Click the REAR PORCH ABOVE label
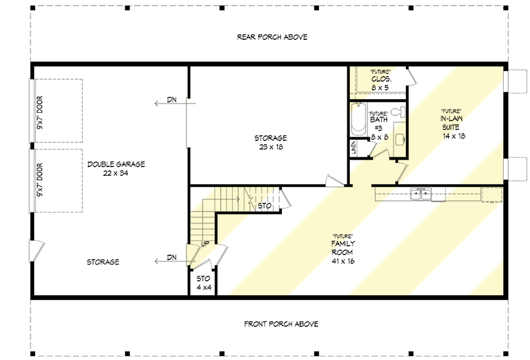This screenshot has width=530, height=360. pyautogui.click(x=272, y=37)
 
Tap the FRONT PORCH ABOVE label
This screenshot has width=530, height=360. pyautogui.click(x=272, y=324)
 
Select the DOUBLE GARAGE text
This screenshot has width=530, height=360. pyautogui.click(x=116, y=164)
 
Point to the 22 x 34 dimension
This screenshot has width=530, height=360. pyautogui.click(x=116, y=173)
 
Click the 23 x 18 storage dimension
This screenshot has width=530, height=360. pyautogui.click(x=270, y=147)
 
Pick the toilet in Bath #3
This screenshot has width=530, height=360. pyautogui.click(x=400, y=112)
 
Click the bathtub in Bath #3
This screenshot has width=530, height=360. pyautogui.click(x=358, y=121)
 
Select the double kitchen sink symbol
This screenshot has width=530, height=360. pyautogui.click(x=422, y=194)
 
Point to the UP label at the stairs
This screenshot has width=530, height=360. pyautogui.click(x=205, y=243)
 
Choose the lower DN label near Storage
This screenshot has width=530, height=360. pyautogui.click(x=172, y=257)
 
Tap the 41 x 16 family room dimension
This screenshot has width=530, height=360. pyautogui.click(x=342, y=261)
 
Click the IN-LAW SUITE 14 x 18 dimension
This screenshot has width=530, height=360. pyautogui.click(x=454, y=135)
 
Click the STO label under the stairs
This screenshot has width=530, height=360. pyautogui.click(x=264, y=205)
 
